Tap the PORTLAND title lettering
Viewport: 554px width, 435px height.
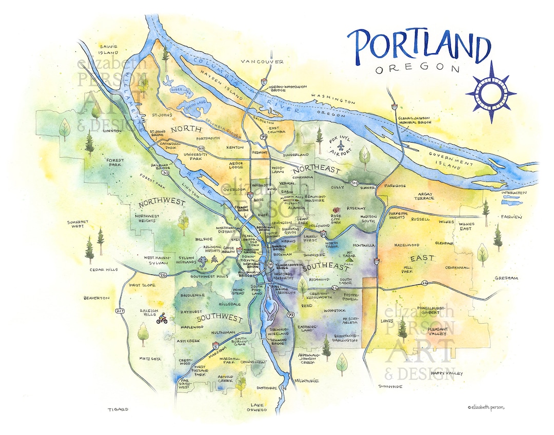click(418, 47)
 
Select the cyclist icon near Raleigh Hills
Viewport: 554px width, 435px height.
click(163, 319)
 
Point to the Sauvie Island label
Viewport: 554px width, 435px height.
click(108, 49)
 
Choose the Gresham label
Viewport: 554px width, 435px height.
click(506, 278)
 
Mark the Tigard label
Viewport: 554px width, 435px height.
click(117, 409)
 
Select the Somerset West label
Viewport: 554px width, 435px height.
click(78, 225)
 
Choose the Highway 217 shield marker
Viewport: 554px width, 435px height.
click(121, 311)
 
